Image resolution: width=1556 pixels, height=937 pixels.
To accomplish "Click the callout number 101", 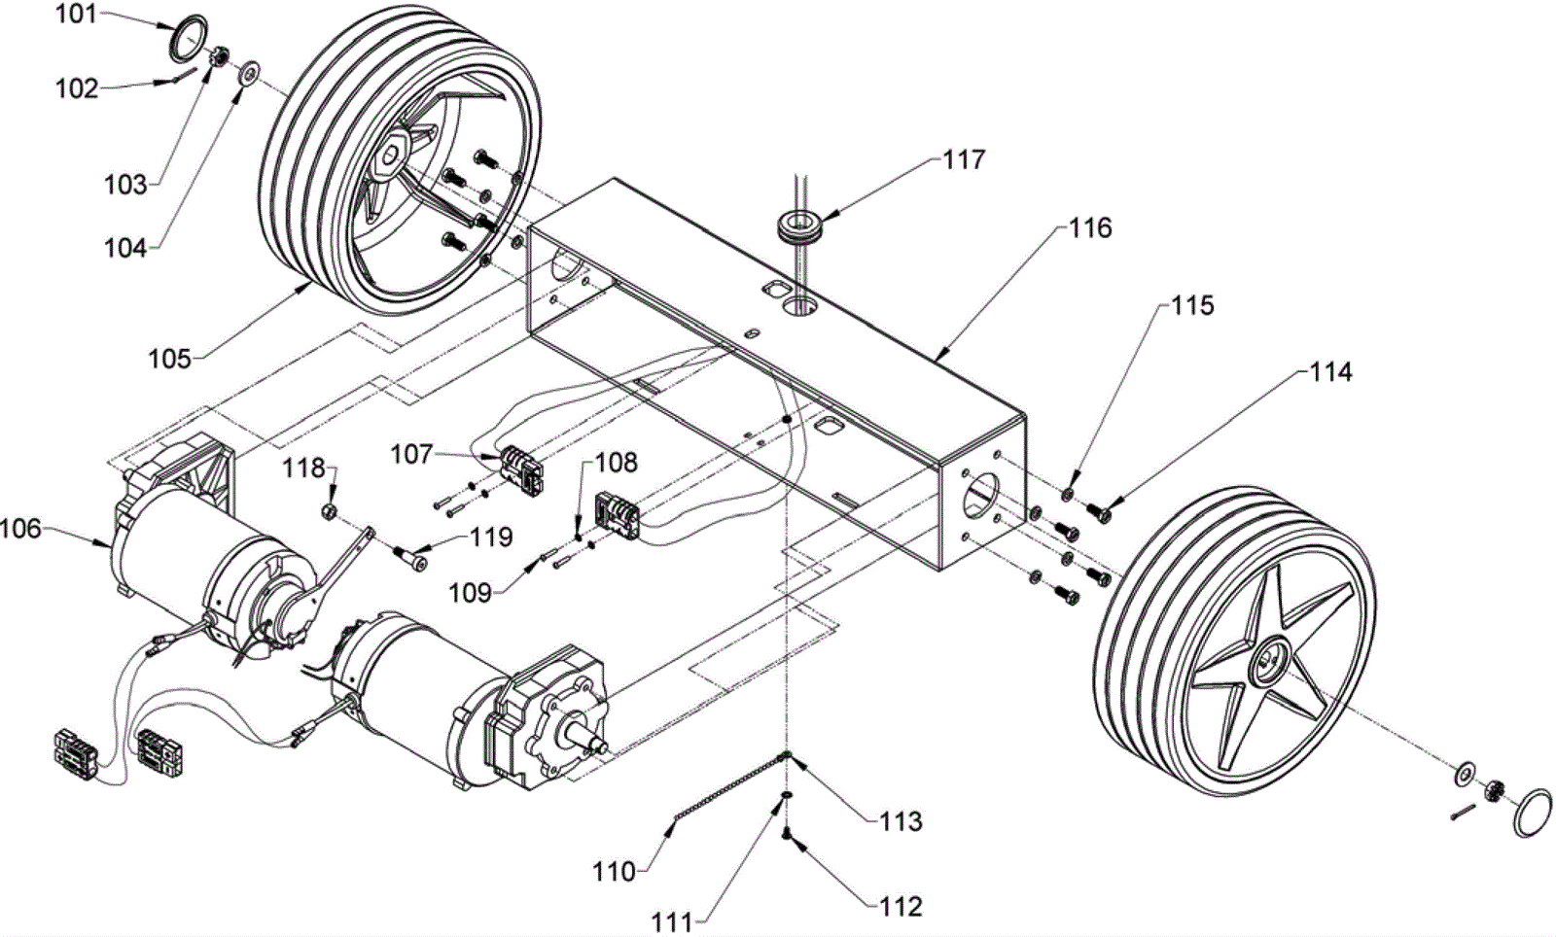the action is coord(76,14).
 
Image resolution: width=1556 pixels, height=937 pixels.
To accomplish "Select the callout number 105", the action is coord(169,359).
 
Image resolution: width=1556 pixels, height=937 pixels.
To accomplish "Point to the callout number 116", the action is coord(1090,227).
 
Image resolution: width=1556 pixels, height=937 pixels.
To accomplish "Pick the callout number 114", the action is coord(1331,372).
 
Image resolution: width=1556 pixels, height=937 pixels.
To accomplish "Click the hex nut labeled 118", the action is coord(329,512).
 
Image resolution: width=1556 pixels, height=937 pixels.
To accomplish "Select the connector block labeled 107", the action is coord(522,468).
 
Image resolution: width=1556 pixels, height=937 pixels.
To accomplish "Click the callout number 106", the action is coord(20,529).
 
